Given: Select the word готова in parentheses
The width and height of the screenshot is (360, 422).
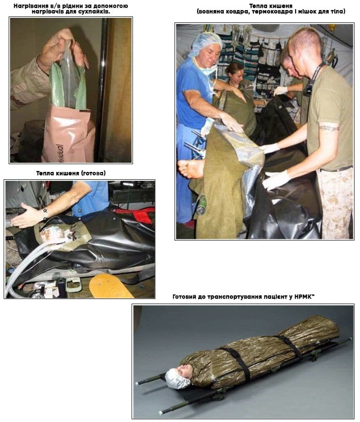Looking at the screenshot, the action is (92, 173).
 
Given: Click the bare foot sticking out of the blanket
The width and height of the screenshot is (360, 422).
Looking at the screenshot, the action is (191, 168).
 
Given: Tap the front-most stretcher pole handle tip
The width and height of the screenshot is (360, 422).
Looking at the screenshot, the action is (161, 412).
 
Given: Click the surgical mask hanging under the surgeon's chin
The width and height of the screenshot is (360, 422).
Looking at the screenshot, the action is (207, 70).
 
